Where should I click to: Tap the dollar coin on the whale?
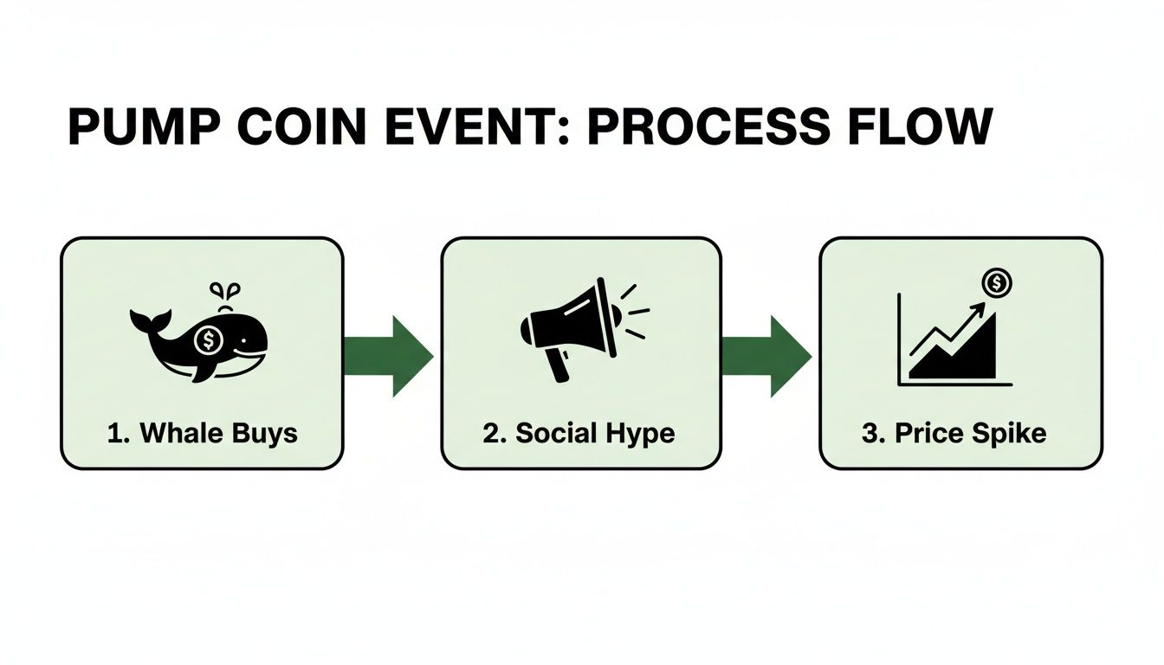coord(209,340)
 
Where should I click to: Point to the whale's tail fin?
coord(145,321)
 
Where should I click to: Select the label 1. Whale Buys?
coord(202,433)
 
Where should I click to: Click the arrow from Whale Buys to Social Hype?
coord(390,356)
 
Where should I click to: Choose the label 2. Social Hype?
coord(579,433)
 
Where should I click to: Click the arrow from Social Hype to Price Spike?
coord(767,356)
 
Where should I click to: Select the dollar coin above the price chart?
coord(998,282)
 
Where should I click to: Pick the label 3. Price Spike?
coord(954,433)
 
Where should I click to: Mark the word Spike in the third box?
coord(1014,433)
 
